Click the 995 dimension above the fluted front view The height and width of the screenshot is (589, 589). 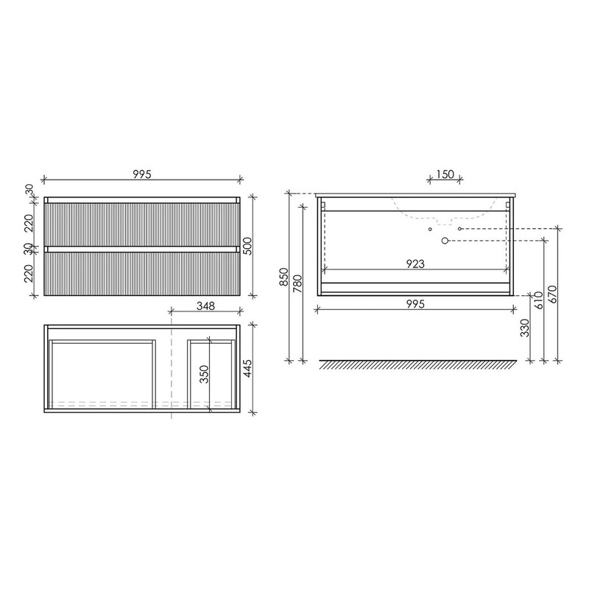(142, 174)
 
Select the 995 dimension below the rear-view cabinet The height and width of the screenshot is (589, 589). (415, 303)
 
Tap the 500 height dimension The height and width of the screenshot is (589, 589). (248, 246)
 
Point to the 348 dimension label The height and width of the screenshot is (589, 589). (206, 306)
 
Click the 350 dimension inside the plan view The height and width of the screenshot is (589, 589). (204, 374)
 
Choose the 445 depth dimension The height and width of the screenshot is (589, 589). (248, 369)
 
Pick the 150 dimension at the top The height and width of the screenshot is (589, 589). (445, 174)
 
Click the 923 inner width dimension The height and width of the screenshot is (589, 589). (415, 264)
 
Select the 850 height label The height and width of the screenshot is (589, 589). (284, 277)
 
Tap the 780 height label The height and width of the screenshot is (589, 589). (297, 284)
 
